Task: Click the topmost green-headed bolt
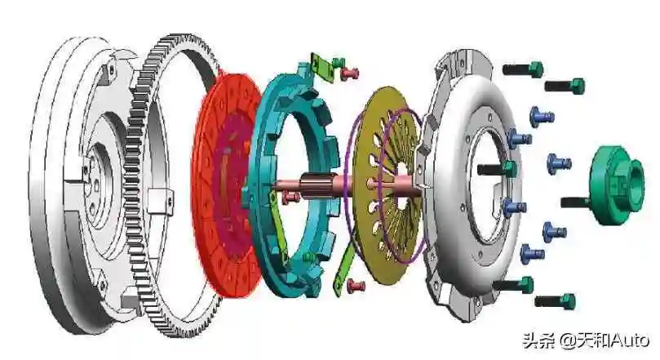523,69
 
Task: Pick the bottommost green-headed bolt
555,301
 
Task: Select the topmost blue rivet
542,117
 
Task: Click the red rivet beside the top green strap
350,74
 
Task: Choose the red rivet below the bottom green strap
356,287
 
